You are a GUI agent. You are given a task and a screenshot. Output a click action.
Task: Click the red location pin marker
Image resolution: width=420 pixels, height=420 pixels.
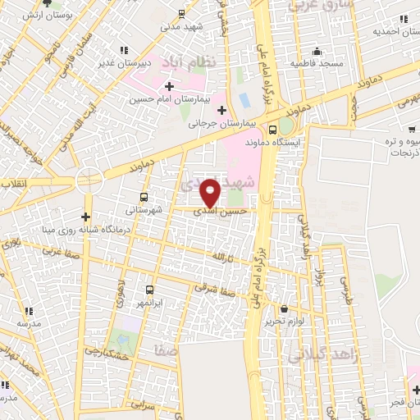click(211, 192)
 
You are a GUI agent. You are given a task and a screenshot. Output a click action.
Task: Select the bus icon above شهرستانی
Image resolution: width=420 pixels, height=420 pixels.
click(144, 197)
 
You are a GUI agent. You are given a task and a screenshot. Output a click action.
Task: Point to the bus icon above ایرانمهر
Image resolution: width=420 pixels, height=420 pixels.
click(149, 290)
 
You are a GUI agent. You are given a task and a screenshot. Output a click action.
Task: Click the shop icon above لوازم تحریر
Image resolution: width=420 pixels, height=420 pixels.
click(285, 309)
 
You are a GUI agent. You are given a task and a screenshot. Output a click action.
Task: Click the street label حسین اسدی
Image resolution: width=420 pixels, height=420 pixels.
click(210, 211)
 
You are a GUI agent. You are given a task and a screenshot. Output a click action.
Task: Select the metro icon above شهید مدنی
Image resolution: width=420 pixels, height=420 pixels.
click(180, 14)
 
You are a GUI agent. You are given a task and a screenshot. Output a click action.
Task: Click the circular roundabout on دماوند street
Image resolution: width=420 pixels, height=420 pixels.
click(88, 180)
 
